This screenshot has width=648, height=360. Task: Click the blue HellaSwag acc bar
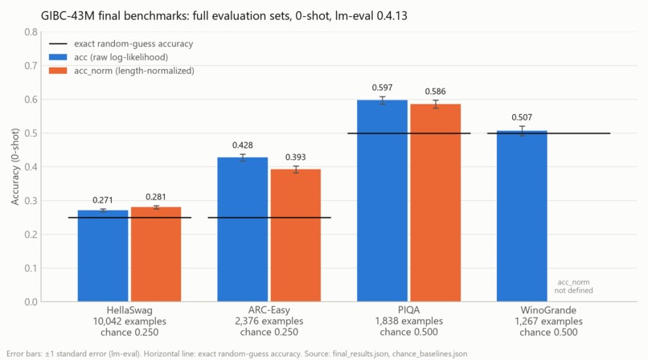[x=103, y=256]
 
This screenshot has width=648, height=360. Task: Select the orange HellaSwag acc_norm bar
[x=156, y=254]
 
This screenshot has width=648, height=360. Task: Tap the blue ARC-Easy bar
[x=243, y=230]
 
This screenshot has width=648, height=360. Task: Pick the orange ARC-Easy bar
[x=296, y=235]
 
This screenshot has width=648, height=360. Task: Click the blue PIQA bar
[x=382, y=201]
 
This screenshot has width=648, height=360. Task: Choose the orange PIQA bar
[x=436, y=202]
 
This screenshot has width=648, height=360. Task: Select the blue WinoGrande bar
[x=522, y=216]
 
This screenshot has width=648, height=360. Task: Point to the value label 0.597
[x=382, y=88]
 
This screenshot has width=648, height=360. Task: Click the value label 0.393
[x=296, y=157]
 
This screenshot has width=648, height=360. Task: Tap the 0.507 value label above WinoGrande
[x=522, y=117]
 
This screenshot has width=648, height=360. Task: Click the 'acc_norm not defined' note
[x=573, y=286]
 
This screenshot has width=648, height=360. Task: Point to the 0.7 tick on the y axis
[x=31, y=66]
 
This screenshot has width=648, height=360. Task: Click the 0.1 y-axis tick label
[x=31, y=268]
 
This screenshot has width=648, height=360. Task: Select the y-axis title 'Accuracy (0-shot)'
[x=15, y=167]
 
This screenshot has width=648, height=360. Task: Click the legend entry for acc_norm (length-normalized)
[x=121, y=71]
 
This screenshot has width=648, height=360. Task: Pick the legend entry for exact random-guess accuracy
[x=121, y=43]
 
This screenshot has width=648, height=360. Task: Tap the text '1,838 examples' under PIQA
[x=408, y=321]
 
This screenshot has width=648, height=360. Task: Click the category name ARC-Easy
[x=269, y=310]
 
